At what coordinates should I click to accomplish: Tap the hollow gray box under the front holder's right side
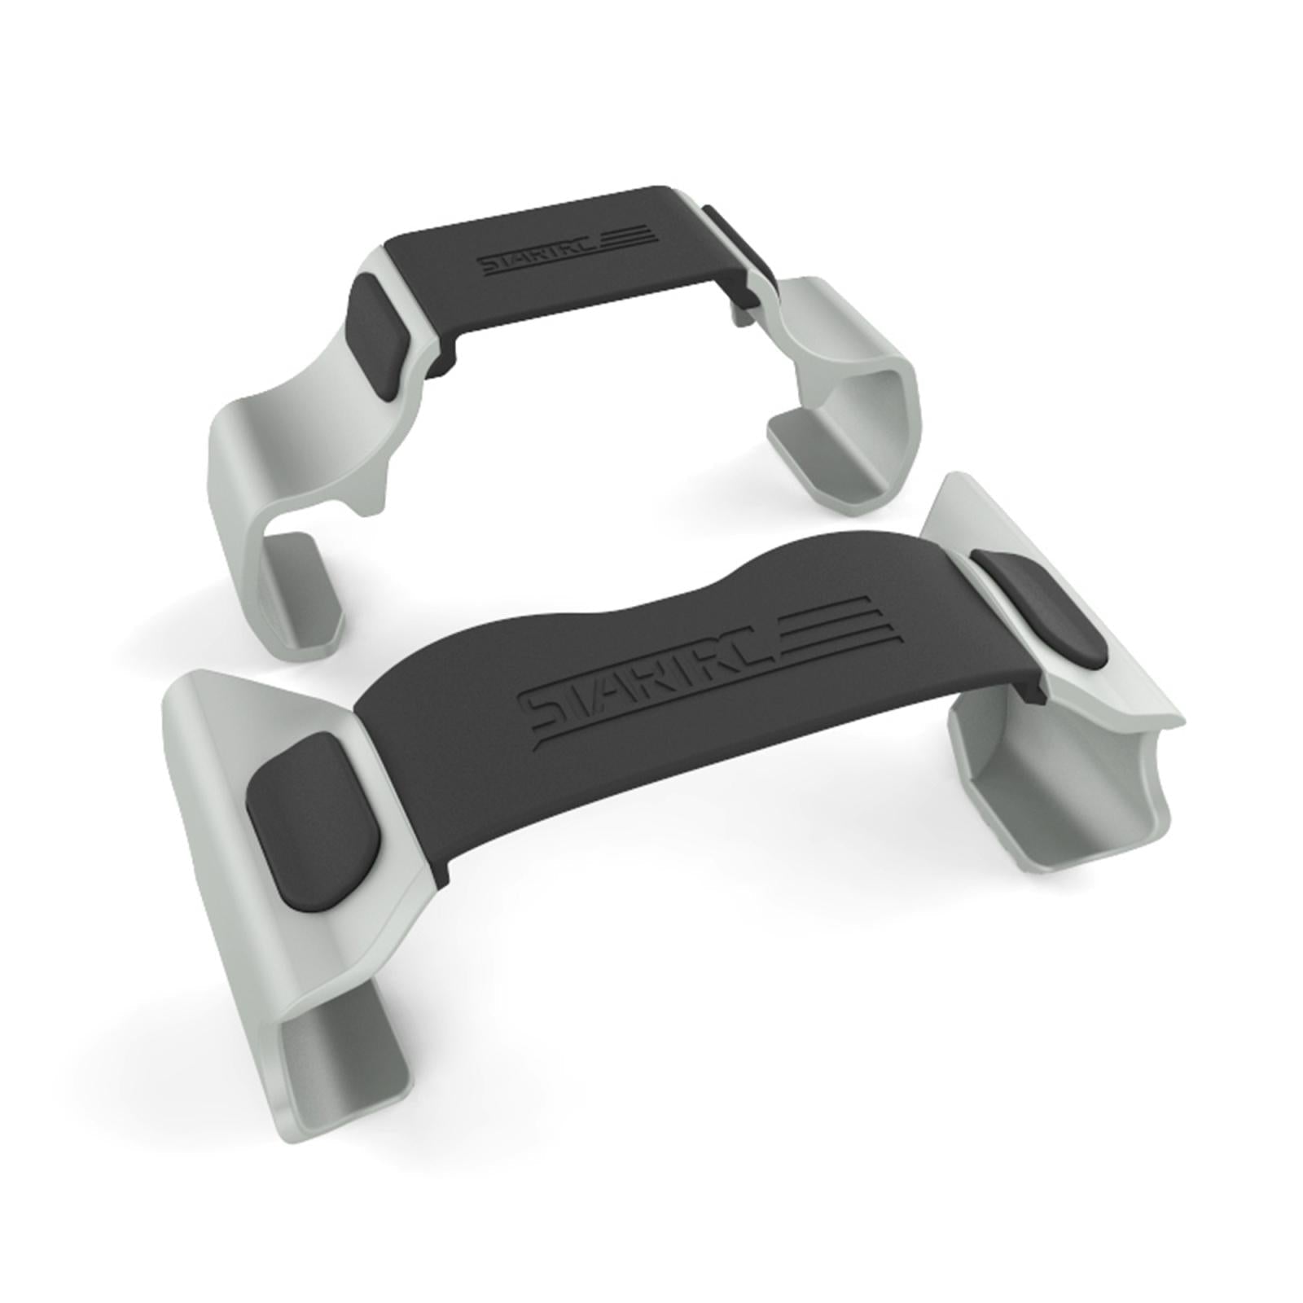[x=1059, y=782]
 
